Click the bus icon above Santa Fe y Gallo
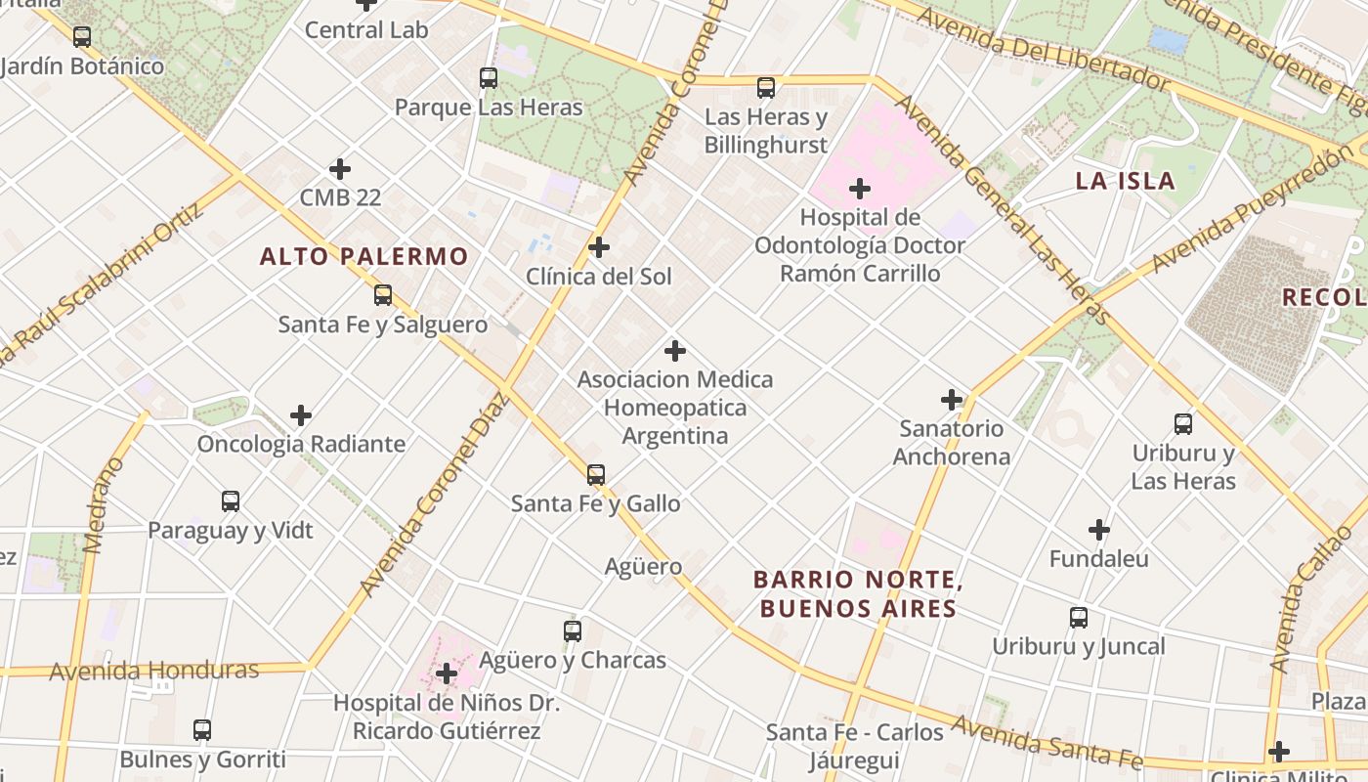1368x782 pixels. point(595,475)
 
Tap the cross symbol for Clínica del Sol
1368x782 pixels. point(599,247)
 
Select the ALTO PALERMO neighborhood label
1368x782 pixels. point(363,257)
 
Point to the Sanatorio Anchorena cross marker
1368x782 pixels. point(952,399)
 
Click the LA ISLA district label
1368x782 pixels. point(1125,181)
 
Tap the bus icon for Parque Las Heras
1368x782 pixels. point(489,78)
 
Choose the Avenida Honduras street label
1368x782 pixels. point(154,671)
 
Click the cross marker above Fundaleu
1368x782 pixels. point(1099,530)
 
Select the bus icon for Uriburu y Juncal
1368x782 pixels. point(1079,618)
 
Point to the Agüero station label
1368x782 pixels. point(643,566)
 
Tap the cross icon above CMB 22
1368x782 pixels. point(340,169)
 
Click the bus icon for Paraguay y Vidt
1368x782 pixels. point(231,501)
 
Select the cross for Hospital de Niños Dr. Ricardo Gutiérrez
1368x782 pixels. point(447,673)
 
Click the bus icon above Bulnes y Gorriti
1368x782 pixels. point(202,730)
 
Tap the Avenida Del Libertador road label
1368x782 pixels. point(1042,46)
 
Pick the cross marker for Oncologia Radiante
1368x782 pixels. point(301,415)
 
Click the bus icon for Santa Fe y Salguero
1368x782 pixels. point(383,295)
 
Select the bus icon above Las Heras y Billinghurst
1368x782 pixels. point(766,88)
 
